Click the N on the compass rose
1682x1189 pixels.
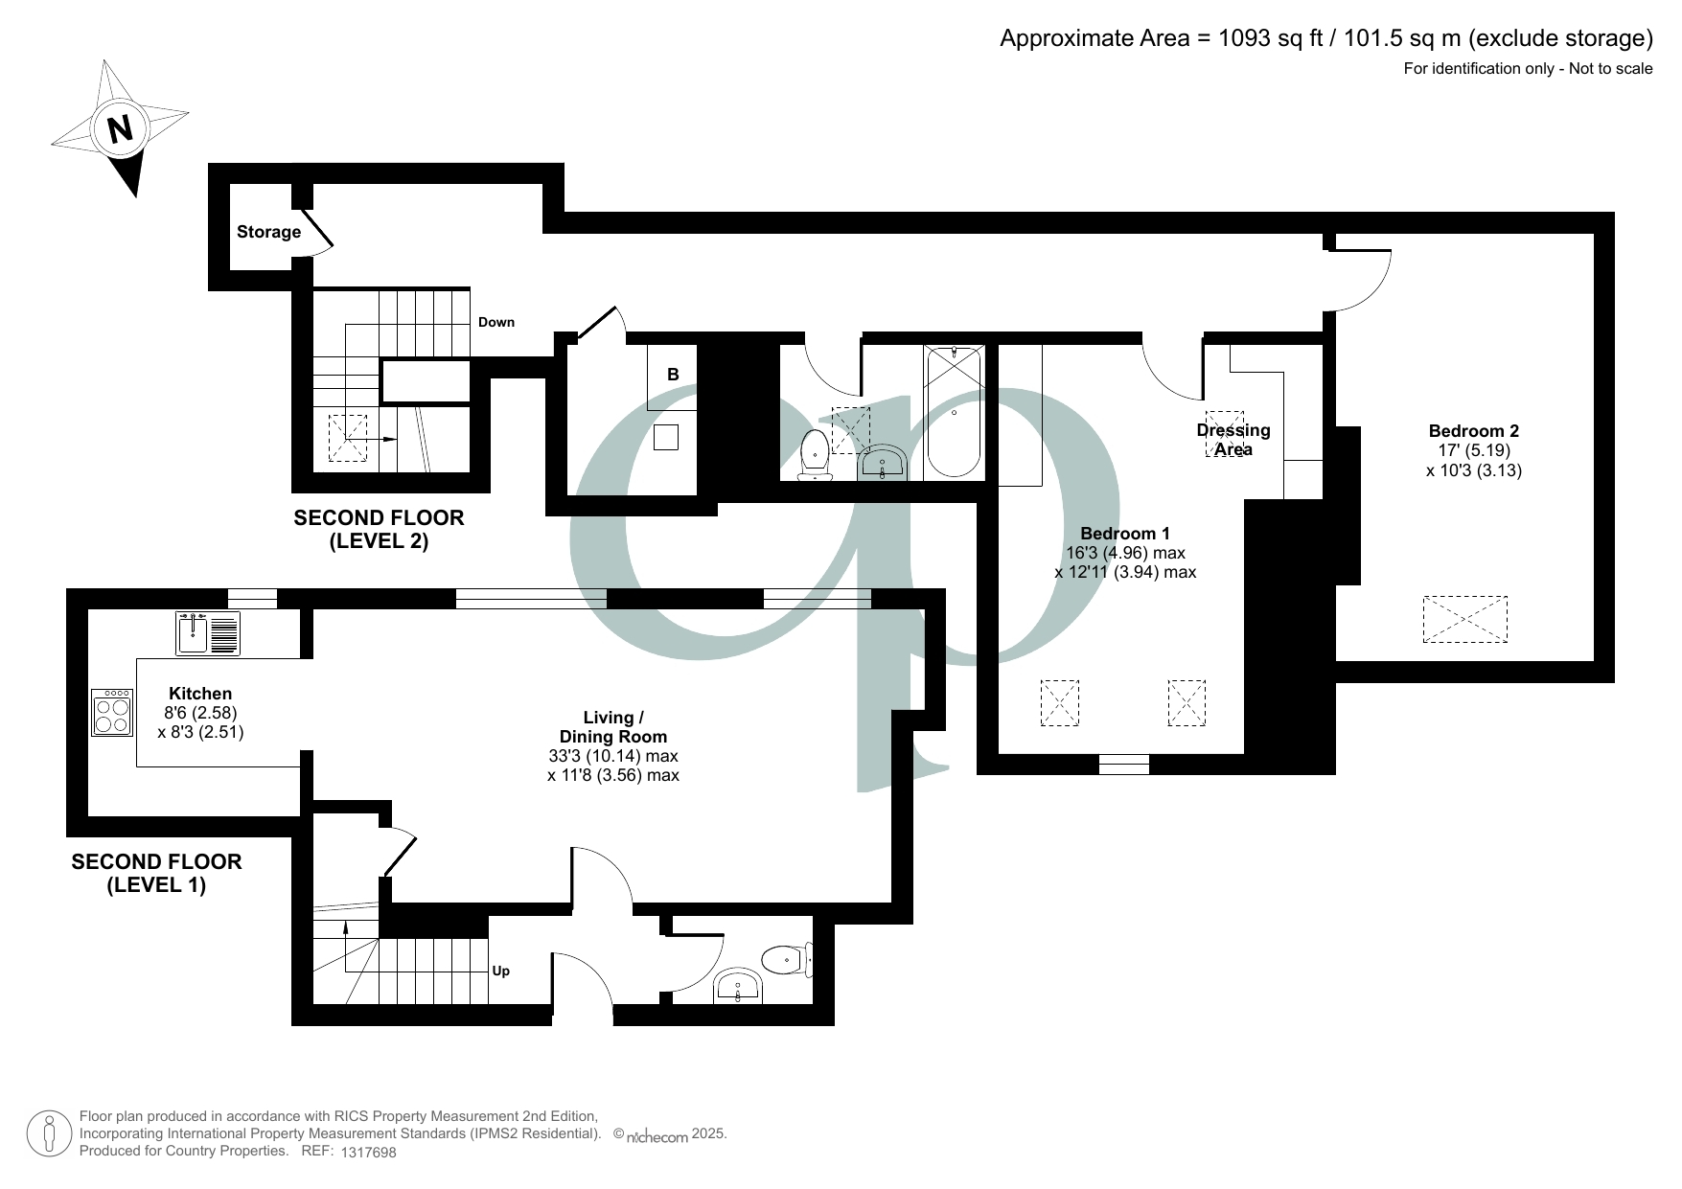(120, 128)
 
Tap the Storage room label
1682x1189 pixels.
(268, 232)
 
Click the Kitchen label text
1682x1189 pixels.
(200, 694)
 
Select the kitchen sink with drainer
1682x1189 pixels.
(208, 633)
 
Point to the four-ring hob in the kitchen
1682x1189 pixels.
(112, 713)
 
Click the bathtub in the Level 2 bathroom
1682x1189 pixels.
(954, 412)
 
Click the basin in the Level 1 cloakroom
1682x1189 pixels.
(738, 987)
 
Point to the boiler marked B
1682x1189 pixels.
(673, 375)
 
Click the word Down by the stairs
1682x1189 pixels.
(496, 322)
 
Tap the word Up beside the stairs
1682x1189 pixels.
(500, 971)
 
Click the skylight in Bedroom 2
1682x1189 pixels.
(1464, 619)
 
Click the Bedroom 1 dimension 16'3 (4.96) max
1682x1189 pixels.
(1125, 553)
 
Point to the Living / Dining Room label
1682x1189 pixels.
(613, 727)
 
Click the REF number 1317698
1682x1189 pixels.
(368, 1153)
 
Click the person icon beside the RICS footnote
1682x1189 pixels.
(50, 1133)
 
